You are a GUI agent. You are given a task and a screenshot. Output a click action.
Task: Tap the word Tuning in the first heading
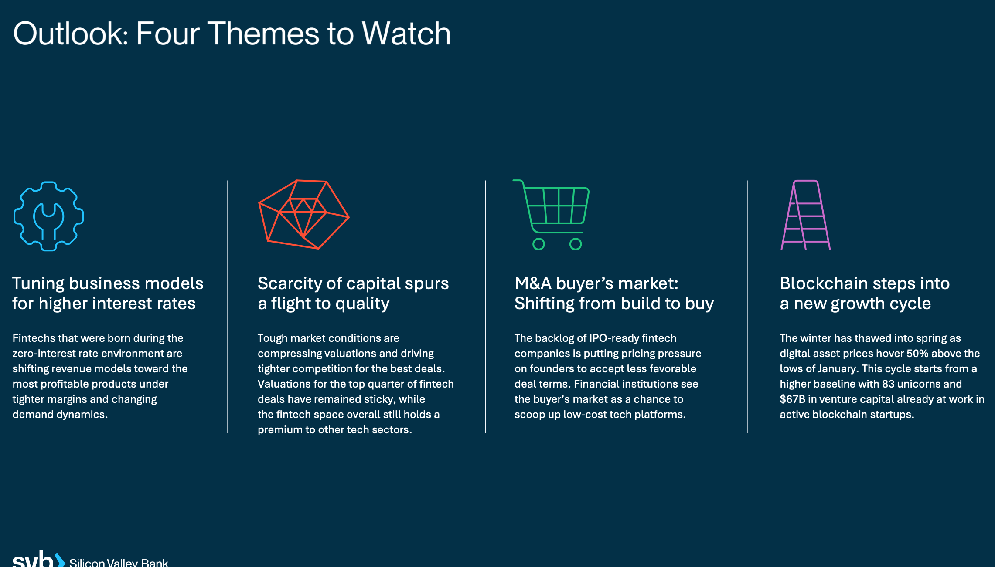click(x=38, y=283)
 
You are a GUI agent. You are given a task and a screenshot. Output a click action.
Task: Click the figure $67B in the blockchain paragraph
click(x=792, y=399)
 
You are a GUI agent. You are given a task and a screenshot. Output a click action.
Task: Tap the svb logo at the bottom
click(x=39, y=559)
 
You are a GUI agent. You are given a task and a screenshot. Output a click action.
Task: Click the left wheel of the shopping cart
click(x=539, y=244)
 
